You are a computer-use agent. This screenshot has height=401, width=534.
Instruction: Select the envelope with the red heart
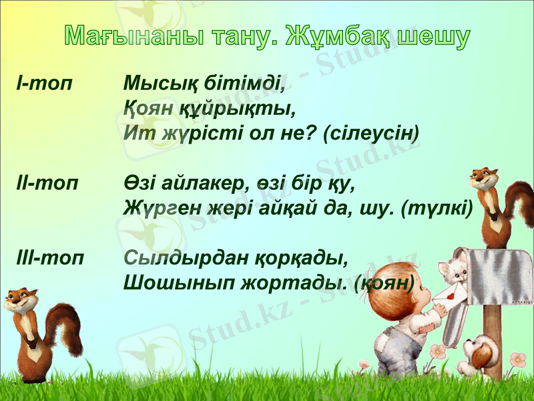click(451, 294)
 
